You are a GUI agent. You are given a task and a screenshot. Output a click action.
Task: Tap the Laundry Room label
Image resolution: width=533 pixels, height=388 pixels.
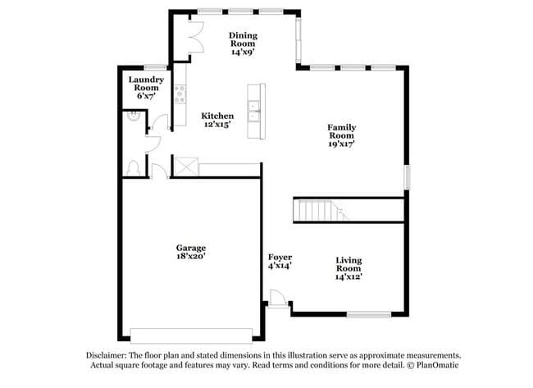tap(146, 87)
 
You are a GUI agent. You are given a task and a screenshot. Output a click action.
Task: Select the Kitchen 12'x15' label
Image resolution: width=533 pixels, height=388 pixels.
tap(217, 121)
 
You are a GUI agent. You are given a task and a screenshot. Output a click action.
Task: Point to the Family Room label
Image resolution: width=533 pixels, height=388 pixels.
tap(341, 135)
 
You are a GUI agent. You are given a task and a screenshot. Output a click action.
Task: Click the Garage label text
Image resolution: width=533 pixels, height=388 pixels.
tap(190, 251)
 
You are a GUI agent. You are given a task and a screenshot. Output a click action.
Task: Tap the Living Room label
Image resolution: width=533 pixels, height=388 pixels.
tap(348, 268)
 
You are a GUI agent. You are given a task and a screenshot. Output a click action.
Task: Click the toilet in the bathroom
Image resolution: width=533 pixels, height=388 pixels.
tap(133, 167)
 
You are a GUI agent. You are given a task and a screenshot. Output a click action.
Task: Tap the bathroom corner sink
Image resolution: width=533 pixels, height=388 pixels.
tap(131, 117)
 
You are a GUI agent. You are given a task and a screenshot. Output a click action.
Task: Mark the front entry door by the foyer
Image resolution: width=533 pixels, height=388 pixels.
tap(277, 304)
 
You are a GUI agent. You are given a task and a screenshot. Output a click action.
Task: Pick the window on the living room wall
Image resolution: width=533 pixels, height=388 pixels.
tap(368, 314)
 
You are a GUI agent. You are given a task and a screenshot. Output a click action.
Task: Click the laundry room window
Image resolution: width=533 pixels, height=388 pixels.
tap(156, 66)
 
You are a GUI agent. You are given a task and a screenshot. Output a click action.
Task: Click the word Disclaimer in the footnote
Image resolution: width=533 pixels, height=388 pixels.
tap(107, 355)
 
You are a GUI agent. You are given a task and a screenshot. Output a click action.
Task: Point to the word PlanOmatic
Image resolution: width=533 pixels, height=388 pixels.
tap(435, 364)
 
